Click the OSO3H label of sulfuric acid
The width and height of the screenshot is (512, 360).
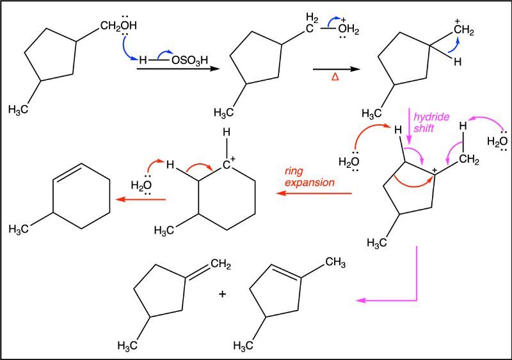pyautogui.click(x=189, y=60)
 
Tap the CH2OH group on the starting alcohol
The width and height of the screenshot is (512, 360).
pyautogui.click(x=118, y=26)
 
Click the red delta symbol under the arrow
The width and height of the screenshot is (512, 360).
pyautogui.click(x=335, y=77)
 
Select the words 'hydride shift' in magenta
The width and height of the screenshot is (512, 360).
pyautogui.click(x=431, y=122)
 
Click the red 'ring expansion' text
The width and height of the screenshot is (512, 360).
pyautogui.click(x=310, y=177)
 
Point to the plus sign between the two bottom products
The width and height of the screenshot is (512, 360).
pyautogui.click(x=222, y=294)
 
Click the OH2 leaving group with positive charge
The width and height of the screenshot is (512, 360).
pyautogui.click(x=348, y=29)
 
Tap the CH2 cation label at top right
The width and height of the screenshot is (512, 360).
pyautogui.click(x=463, y=29)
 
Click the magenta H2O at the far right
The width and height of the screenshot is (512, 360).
pyautogui.click(x=497, y=142)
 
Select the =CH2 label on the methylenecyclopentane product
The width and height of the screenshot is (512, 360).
pyautogui.click(x=221, y=264)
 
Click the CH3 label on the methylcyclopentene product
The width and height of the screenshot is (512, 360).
pyautogui.click(x=335, y=262)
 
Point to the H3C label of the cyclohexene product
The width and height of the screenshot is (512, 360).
pyautogui.click(x=19, y=229)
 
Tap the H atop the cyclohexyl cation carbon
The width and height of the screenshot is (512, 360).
pyautogui.click(x=227, y=133)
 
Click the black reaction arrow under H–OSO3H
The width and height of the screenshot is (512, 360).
pyautogui.click(x=177, y=69)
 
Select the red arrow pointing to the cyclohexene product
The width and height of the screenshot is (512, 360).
pyautogui.click(x=141, y=199)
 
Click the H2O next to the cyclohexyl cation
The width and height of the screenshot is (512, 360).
pyautogui.click(x=141, y=186)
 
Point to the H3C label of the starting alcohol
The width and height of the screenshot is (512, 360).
pyautogui.click(x=19, y=110)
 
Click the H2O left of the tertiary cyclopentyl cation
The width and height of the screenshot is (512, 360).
pyautogui.click(x=349, y=161)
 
